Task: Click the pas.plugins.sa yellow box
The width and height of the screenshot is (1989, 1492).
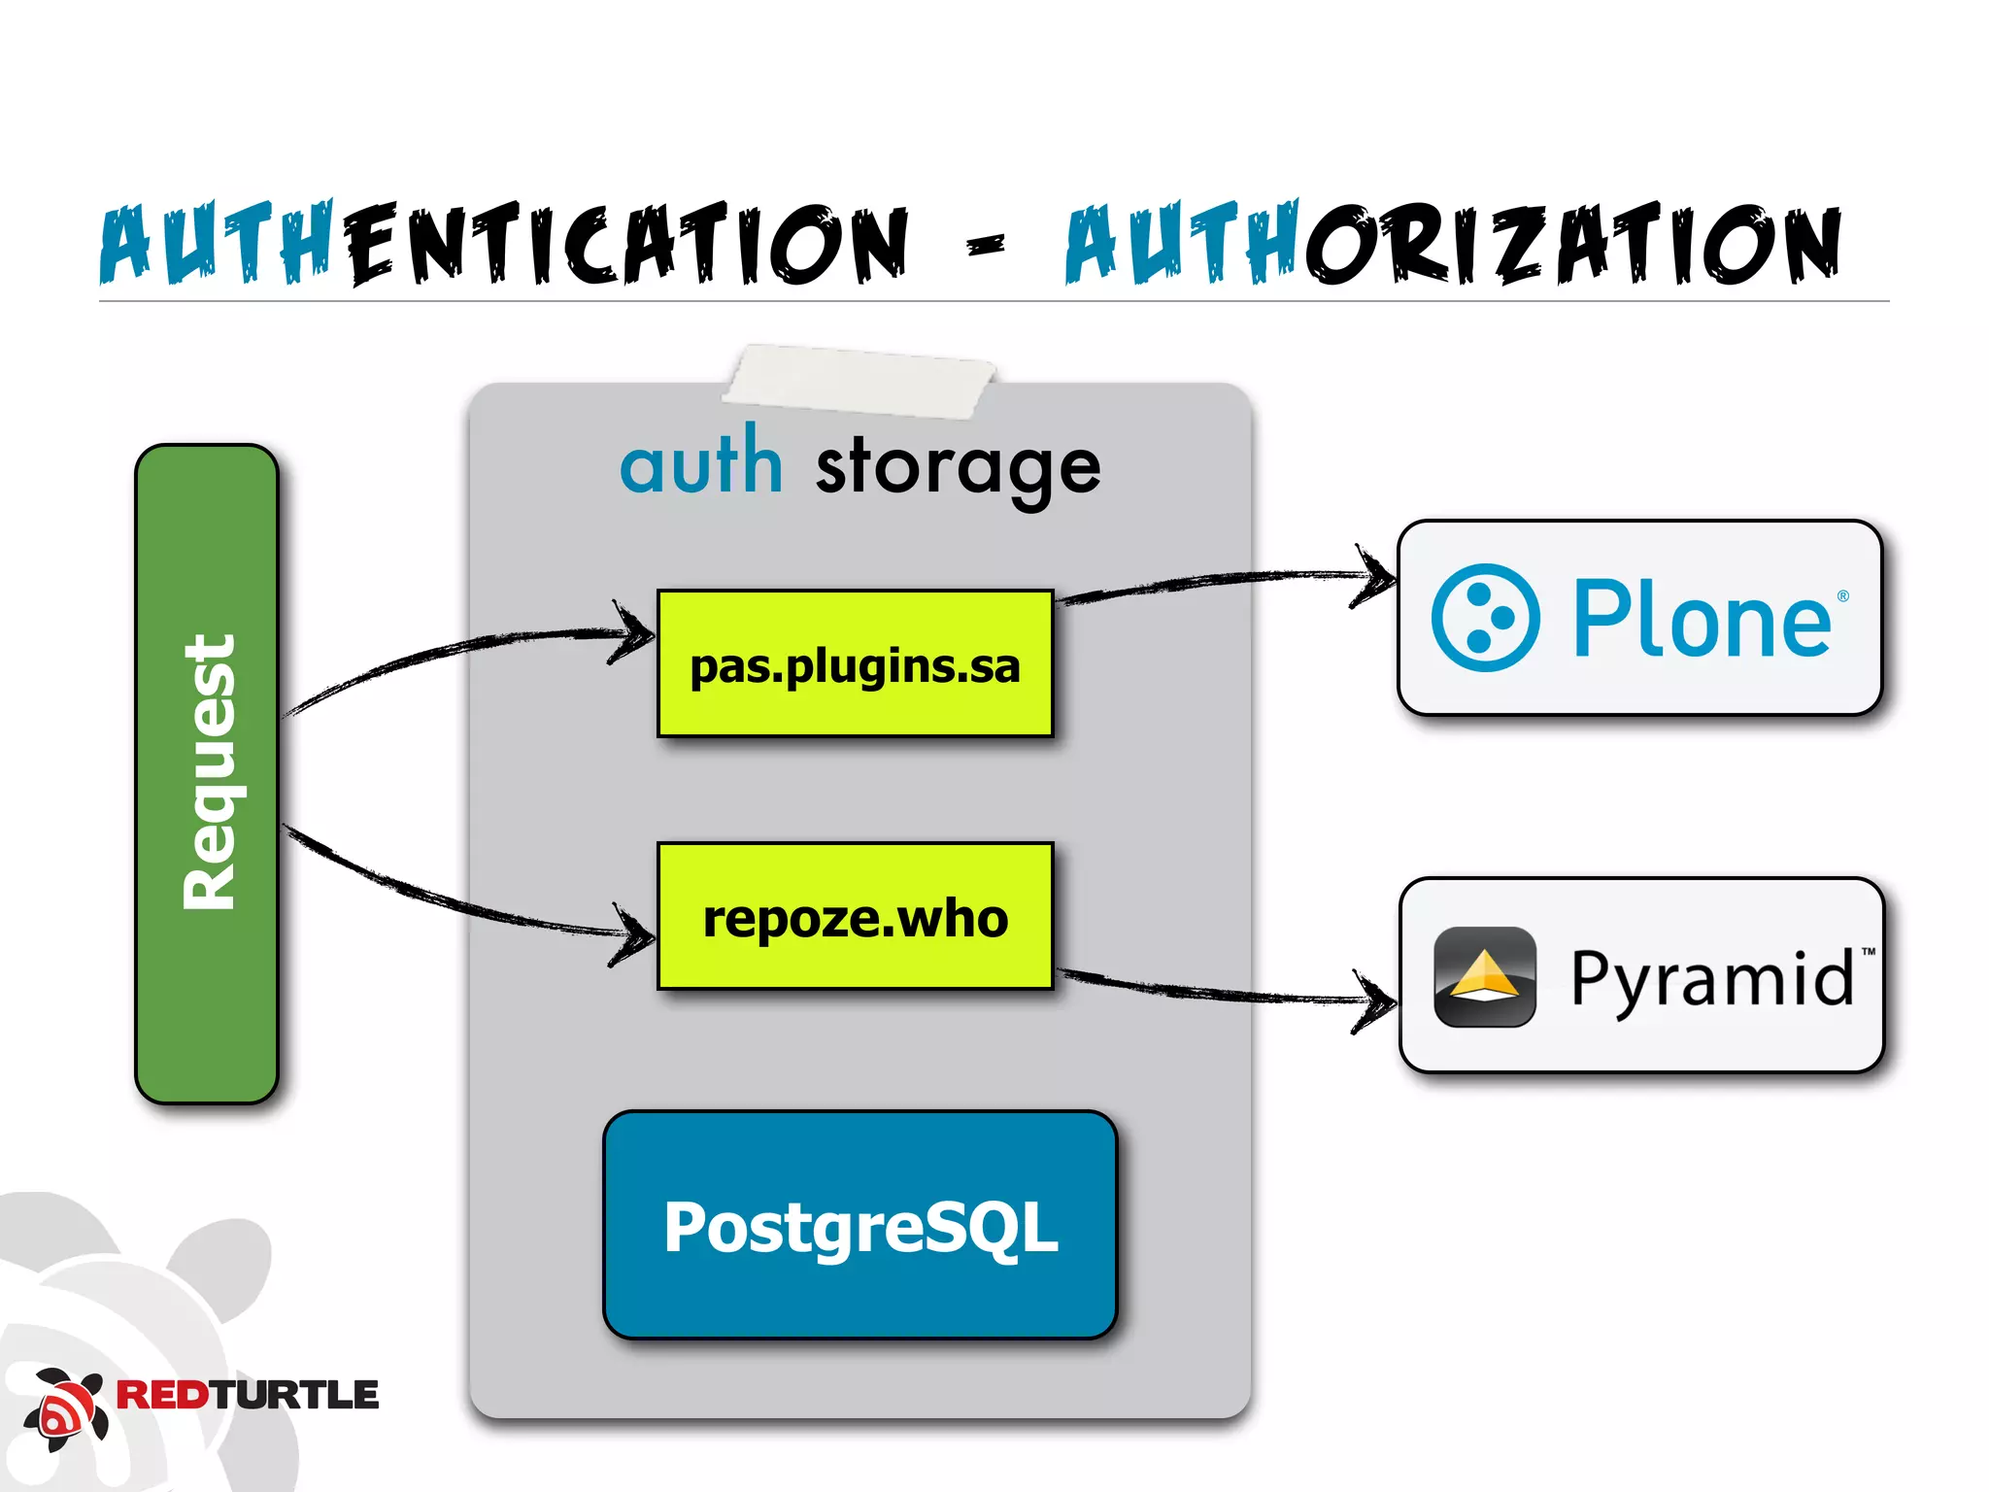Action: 855,664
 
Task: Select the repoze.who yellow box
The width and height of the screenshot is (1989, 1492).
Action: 855,917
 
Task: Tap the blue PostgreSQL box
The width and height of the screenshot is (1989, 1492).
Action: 860,1226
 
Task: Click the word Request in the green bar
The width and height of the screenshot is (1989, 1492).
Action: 208,772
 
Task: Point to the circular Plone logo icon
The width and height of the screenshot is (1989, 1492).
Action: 1485,618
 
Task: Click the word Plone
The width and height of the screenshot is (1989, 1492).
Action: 1702,620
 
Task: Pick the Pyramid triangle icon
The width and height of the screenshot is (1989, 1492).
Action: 1484,977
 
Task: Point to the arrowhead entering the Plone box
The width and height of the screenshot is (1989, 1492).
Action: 1377,577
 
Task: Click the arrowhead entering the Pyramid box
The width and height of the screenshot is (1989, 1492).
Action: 1379,1000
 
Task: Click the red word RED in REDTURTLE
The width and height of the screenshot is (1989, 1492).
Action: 163,1395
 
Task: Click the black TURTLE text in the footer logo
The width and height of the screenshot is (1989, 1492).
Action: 295,1395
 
